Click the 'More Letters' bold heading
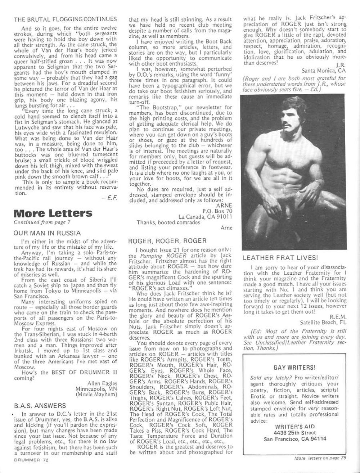(53, 213)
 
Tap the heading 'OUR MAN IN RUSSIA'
(47, 233)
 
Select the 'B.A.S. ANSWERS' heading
(40, 406)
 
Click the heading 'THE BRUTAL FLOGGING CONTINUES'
(65, 19)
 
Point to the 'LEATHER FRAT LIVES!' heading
(280, 258)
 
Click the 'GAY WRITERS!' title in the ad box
(294, 368)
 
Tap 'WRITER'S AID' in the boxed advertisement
(294, 427)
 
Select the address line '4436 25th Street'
(294, 433)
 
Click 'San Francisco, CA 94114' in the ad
(295, 439)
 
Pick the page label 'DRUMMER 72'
(31, 460)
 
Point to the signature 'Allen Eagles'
(102, 383)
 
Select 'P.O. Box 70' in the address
(217, 211)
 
